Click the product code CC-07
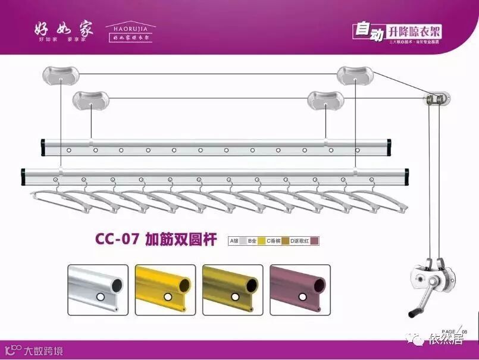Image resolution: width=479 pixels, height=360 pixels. pyautogui.click(x=117, y=239)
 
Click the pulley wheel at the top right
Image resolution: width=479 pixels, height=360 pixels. pyautogui.click(x=436, y=98)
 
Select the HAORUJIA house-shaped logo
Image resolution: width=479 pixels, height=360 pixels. pyautogui.click(x=130, y=32)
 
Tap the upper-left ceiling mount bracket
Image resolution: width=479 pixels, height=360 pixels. pyautogui.click(x=60, y=75)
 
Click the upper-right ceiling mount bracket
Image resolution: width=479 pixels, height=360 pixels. pyautogui.click(x=355, y=75)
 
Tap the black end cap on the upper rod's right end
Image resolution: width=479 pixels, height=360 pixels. pyautogui.click(x=389, y=145)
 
